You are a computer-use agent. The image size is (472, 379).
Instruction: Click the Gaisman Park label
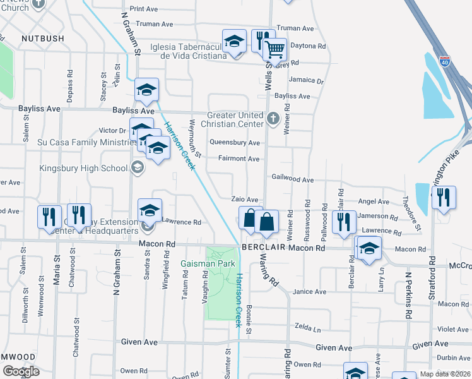208,263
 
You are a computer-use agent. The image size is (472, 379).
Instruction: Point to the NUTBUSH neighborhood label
43,39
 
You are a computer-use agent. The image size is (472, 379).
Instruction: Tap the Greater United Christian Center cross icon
273,117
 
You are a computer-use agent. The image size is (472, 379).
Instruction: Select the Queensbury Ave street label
235,143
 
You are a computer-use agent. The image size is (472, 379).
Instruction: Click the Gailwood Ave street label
292,179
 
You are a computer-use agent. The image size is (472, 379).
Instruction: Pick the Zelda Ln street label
307,328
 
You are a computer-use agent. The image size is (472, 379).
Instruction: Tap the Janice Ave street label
310,292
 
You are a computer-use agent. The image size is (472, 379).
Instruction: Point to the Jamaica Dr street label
305,81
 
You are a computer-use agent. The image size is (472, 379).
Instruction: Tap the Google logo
21,371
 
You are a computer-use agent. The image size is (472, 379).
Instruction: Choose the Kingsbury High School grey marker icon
138,167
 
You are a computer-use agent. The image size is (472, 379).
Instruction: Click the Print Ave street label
144,9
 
